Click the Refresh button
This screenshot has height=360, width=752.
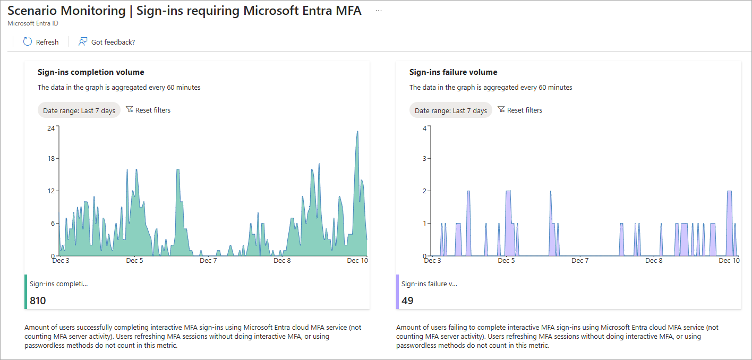pyautogui.click(x=41, y=42)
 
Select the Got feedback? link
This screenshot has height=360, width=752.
pyautogui.click(x=107, y=42)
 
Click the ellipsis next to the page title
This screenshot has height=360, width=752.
pyautogui.click(x=379, y=11)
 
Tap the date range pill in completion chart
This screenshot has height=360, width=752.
pyautogui.click(x=79, y=110)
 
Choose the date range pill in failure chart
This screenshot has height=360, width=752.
pyautogui.click(x=451, y=110)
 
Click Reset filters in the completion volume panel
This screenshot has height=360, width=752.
pyautogui.click(x=148, y=110)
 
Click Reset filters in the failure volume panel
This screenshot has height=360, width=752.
pyautogui.click(x=520, y=110)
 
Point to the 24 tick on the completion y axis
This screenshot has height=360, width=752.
pyautogui.click(x=51, y=128)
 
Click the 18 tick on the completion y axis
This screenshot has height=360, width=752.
pyautogui.click(x=51, y=159)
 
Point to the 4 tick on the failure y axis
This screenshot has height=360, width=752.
pyautogui.click(x=424, y=128)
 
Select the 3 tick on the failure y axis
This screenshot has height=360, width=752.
pyautogui.click(x=424, y=159)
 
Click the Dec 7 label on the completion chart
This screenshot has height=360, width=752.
pyautogui.click(x=208, y=261)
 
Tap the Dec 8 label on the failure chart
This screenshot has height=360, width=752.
pyautogui.click(x=654, y=261)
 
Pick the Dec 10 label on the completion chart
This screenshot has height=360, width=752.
pyautogui.click(x=357, y=261)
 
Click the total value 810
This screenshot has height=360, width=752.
pyautogui.click(x=38, y=301)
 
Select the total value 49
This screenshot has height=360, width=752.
pyautogui.click(x=407, y=301)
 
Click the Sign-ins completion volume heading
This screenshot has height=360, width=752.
pyautogui.click(x=91, y=72)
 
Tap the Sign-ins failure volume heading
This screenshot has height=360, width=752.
pyautogui.click(x=453, y=72)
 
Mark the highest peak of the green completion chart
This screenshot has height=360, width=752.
pyautogui.click(x=357, y=131)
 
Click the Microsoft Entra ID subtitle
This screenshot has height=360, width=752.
pyautogui.click(x=33, y=23)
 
